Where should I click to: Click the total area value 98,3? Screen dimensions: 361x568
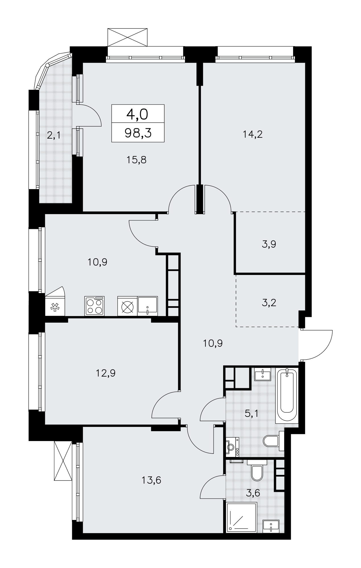coord(138,133)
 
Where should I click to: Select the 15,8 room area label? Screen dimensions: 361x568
coord(136,160)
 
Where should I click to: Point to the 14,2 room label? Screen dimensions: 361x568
coord(252,134)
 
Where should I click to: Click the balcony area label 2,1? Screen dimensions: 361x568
coord(53,135)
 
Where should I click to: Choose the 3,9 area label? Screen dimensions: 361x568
coord(269,244)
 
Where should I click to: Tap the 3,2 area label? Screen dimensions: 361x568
coord(269,303)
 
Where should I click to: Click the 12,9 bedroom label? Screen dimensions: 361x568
coord(105,373)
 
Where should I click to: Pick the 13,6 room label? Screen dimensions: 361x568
coord(151,480)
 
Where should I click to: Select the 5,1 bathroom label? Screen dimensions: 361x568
coord(252,414)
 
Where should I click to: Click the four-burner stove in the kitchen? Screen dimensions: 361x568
coord(94,306)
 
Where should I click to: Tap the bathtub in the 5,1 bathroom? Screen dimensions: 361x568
coord(287,395)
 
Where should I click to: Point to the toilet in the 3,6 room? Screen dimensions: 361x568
coord(257,471)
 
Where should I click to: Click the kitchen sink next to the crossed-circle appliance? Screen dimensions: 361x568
coord(148,306)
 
